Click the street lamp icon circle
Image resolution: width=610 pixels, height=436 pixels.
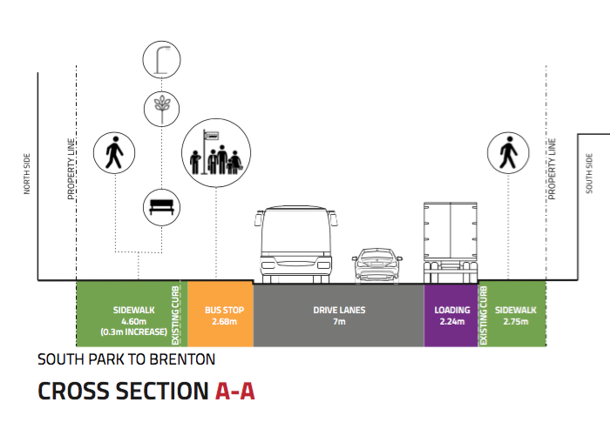tap(160, 59)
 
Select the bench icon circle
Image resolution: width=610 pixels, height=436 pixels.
tap(160, 206)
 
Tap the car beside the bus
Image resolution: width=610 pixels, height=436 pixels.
tap(377, 265)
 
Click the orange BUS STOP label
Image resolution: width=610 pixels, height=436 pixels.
tap(220, 310)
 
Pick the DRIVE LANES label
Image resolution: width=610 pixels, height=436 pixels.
tap(339, 310)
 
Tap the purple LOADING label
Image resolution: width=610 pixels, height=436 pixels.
tap(452, 310)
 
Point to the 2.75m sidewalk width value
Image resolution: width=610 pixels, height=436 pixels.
tap(516, 321)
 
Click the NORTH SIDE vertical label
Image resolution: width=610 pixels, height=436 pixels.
tap(26, 174)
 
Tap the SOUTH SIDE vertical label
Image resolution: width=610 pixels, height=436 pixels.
tap(589, 174)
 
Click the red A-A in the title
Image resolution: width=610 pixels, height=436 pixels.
tap(234, 392)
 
